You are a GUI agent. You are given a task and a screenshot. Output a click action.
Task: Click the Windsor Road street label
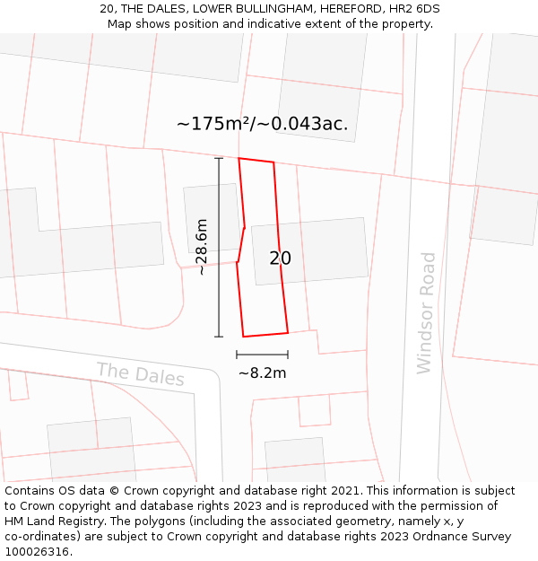(x=427, y=313)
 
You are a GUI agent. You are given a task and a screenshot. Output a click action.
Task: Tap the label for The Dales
(x=140, y=374)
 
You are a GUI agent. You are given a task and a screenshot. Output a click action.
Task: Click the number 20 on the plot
(x=280, y=259)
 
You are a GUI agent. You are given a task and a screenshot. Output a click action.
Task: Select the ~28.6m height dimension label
(x=202, y=247)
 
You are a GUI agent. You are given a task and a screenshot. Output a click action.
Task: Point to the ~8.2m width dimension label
(x=262, y=373)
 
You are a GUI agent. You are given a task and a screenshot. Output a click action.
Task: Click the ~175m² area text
(x=213, y=124)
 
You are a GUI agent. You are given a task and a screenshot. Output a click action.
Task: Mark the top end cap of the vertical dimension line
(x=219, y=159)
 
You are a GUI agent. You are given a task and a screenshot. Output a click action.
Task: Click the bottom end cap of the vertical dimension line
(x=219, y=337)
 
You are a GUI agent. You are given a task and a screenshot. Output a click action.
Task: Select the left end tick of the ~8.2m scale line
(x=237, y=355)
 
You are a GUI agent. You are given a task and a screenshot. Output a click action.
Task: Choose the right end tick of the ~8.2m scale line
(x=288, y=355)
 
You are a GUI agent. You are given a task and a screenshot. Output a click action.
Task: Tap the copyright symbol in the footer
(x=115, y=491)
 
